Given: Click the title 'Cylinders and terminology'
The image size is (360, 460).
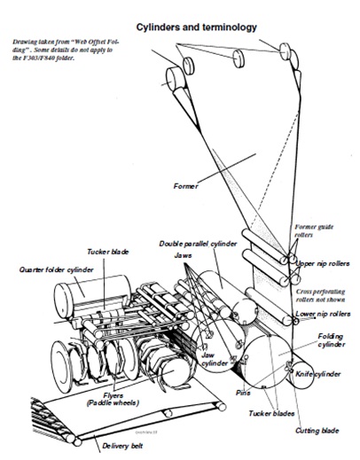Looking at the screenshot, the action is tap(196, 27).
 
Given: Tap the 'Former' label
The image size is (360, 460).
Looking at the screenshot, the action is tap(185, 186).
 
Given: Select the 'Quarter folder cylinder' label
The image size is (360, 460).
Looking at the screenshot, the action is tap(57, 269).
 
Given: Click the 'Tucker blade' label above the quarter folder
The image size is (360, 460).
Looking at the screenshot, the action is tap(108, 252).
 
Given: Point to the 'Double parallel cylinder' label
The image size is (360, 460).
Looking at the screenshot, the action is tap(198, 244).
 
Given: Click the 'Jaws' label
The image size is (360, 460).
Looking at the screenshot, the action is tap(183, 255).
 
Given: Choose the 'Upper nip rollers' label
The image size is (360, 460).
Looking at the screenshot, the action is tap(323, 263).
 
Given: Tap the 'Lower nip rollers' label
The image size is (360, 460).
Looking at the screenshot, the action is tap(323, 314).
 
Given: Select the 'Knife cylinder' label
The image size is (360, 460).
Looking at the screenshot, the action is tap(318, 374).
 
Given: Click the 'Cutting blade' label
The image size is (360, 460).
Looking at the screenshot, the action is tap(317, 431).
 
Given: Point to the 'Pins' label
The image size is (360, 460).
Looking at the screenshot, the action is tap(243, 393).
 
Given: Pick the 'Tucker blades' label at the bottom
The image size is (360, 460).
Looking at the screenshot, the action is tap(271, 413).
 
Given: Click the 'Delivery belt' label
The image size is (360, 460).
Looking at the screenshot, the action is tap(122, 446).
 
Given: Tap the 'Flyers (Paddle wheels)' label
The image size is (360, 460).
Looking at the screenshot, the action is tap(113, 399).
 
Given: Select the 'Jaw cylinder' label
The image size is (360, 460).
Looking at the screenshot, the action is tap(215, 359).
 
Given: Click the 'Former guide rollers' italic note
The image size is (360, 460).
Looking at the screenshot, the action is tap(314, 230).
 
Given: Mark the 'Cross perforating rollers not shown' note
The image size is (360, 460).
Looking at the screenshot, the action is tap(321, 295).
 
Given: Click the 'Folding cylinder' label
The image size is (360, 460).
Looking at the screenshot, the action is tap(331, 340).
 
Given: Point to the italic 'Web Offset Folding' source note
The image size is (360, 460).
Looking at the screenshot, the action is tap(67, 50).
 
